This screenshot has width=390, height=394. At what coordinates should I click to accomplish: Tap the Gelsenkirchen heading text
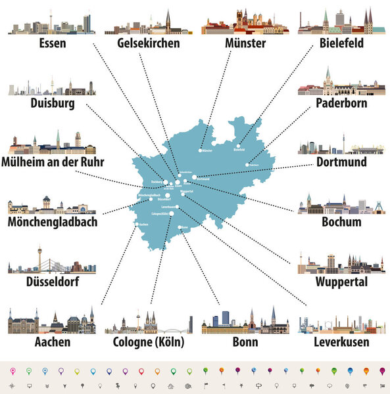pyautogui.click(x=148, y=43)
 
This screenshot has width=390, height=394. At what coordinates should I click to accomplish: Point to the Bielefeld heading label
pyautogui.click(x=336, y=43)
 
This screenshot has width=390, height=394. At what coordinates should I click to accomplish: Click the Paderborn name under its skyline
pyautogui.click(x=340, y=104)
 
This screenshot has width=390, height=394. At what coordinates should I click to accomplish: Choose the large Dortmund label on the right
pyautogui.click(x=340, y=162)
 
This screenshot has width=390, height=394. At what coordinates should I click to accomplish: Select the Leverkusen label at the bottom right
pyautogui.click(x=341, y=342)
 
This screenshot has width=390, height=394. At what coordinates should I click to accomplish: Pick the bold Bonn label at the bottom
pyautogui.click(x=245, y=342)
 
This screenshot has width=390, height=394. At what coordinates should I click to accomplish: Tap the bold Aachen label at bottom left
pyautogui.click(x=51, y=342)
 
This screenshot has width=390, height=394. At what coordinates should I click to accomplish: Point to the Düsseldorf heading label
pyautogui.click(x=51, y=282)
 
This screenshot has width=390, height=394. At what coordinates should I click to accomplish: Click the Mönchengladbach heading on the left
pyautogui.click(x=52, y=222)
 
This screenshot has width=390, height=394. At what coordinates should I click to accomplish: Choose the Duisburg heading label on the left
pyautogui.click(x=52, y=104)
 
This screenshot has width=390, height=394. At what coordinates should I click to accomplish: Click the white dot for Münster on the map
pyautogui.click(x=201, y=151)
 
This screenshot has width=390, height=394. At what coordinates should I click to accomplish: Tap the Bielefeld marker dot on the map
pyautogui.click(x=237, y=146)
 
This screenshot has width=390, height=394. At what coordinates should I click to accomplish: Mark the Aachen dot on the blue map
pyautogui.click(x=137, y=224)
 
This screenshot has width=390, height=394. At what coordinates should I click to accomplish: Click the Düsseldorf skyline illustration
pyautogui.click(x=52, y=259)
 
